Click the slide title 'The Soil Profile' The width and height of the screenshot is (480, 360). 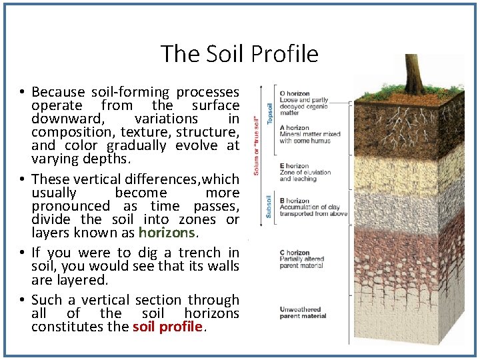pyautogui.click(x=239, y=54)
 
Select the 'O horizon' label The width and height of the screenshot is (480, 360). pyautogui.click(x=295, y=93)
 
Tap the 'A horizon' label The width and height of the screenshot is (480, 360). pyautogui.click(x=294, y=128)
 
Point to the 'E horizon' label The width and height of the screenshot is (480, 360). pyautogui.click(x=294, y=166)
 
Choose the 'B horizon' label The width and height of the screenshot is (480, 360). pyautogui.click(x=294, y=201)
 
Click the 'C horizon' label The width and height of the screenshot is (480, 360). pyautogui.click(x=294, y=253)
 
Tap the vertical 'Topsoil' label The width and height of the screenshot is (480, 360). pyautogui.click(x=270, y=112)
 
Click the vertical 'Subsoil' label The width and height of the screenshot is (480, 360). pyautogui.click(x=269, y=205)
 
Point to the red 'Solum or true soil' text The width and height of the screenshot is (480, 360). pyautogui.click(x=256, y=143)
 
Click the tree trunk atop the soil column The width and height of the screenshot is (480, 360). pyautogui.click(x=413, y=73)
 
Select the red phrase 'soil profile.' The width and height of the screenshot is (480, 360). pyautogui.click(x=167, y=327)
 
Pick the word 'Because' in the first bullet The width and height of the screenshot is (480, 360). pyautogui.click(x=59, y=92)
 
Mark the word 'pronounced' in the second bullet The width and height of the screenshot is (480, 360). pyautogui.click(x=71, y=206)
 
